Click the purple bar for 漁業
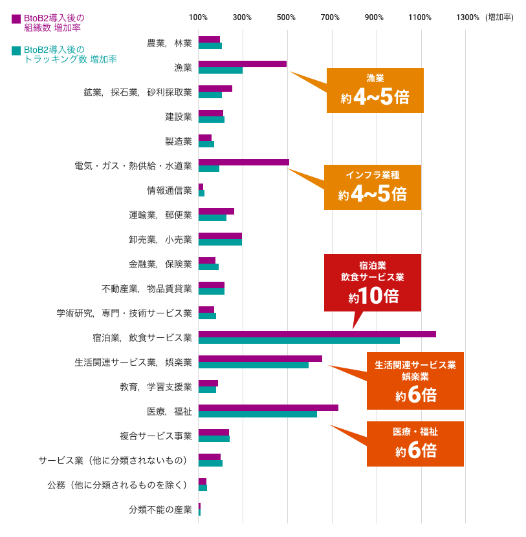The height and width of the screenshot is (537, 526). tap(242, 64)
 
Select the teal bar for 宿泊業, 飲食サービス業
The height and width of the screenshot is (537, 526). tap(299, 341)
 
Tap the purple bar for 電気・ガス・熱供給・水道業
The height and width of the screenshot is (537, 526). tap(243, 162)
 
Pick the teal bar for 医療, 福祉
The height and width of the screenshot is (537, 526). tap(258, 414)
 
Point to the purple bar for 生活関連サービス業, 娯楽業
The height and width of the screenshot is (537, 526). tap(260, 359)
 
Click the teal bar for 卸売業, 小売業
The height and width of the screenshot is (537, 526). tap(220, 242)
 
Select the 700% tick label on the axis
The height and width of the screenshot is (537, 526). tap(330, 17)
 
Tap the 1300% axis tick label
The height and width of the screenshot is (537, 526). tap(467, 17)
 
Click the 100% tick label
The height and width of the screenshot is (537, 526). tap(198, 17)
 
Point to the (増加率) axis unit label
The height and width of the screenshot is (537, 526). tap(499, 17)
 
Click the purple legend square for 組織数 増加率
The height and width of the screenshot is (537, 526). tap(16, 19)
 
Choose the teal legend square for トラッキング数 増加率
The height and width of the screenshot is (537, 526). tap(16, 50)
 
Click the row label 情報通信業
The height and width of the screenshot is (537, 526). tap(170, 191)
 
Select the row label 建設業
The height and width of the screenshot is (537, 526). tap(179, 117)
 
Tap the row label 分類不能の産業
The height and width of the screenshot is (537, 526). tap(160, 510)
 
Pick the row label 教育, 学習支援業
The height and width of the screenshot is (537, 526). tap(156, 387)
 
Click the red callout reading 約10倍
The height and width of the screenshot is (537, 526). tap(373, 282)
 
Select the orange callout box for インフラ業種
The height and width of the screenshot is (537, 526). tap(373, 187)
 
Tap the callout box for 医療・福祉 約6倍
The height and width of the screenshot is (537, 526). tap(415, 443)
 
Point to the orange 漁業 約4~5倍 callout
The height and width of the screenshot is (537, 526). tap(375, 90)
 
